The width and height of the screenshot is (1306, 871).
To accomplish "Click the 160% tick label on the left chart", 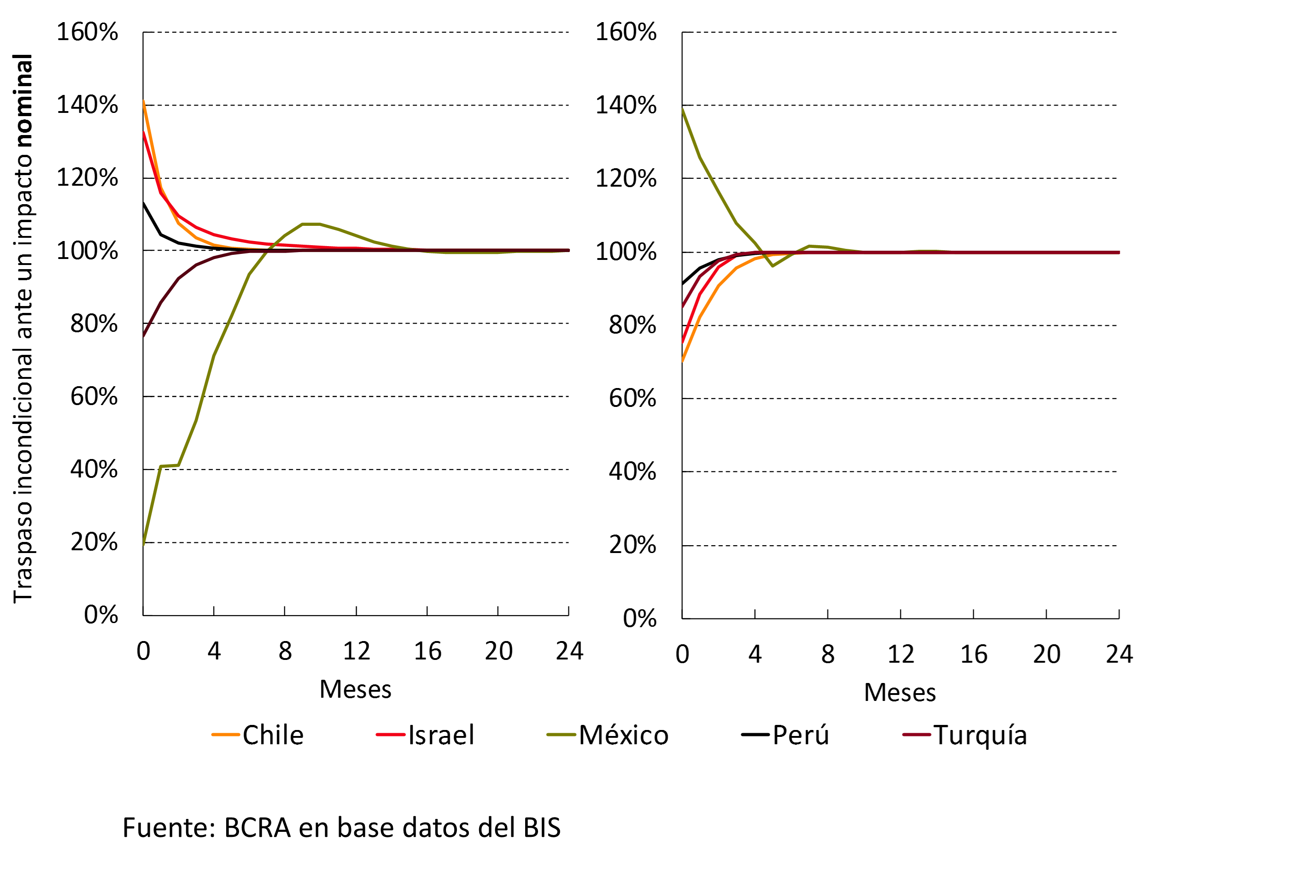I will pos(87,32).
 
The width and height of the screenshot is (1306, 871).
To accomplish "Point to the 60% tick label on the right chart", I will pos(633,399).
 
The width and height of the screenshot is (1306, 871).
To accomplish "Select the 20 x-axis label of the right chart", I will pos(1046,654).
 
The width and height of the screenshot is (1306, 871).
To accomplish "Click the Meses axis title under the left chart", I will pos(355,689).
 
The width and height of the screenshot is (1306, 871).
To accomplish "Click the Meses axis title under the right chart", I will pos(900,693).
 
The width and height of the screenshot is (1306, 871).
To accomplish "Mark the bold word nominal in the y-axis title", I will pos(23,100).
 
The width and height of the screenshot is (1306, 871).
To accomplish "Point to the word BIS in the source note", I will pos(542,828).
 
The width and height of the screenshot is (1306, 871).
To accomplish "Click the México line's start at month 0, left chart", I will pos(143,544).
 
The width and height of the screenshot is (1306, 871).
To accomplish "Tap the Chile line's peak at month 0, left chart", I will pos(143,102).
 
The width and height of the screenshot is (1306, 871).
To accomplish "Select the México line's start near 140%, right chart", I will pos(682,109).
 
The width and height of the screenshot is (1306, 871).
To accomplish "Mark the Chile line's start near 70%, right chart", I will pos(682,361).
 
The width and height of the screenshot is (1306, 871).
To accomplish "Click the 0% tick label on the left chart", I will pos(100,615).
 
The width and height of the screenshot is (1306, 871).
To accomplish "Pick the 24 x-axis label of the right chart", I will pos(1119,654).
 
